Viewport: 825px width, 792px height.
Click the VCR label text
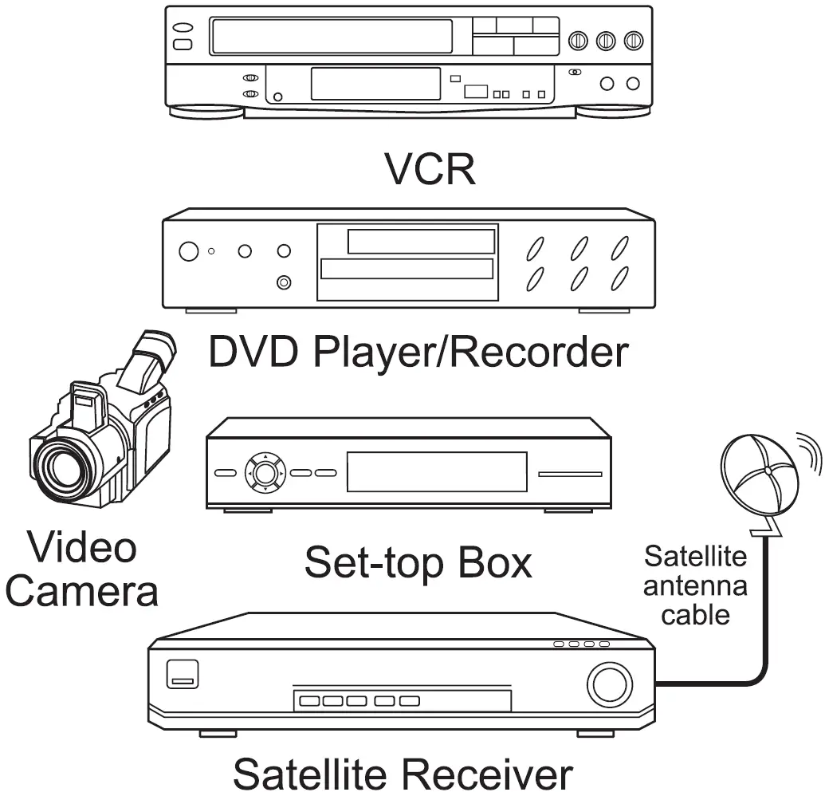[430, 167]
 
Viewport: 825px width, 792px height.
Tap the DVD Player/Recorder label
[418, 353]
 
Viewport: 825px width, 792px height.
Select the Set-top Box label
[418, 563]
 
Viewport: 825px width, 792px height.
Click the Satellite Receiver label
[403, 772]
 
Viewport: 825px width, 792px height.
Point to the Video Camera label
[83, 569]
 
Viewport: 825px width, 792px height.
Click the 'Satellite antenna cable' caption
[695, 585]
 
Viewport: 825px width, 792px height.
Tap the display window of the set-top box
[436, 472]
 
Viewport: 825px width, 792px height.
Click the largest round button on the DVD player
[188, 252]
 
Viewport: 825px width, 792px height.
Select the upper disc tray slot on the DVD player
[410, 241]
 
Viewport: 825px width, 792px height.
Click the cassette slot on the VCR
[331, 37]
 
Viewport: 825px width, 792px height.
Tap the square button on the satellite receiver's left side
[182, 675]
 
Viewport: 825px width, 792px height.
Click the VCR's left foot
[206, 112]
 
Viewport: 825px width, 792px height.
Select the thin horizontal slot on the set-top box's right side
[570, 475]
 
